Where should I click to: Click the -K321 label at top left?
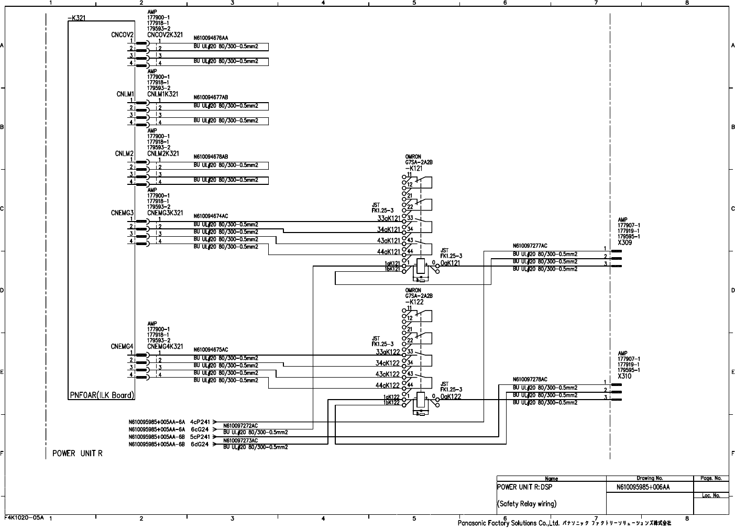pos(76,18)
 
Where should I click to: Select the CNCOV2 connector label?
pos(123,35)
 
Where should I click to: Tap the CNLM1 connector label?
pos(125,94)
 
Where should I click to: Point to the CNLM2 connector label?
pos(125,153)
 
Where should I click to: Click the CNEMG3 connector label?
pos(123,213)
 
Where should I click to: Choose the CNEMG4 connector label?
pos(123,347)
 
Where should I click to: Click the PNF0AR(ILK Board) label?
pos(102,395)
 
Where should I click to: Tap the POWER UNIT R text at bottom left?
pos(78,454)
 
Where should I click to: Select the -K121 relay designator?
pos(414,169)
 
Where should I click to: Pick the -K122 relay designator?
pos(414,302)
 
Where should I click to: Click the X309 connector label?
pos(624,243)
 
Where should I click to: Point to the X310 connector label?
pos(624,377)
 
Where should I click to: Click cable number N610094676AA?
pos(211,38)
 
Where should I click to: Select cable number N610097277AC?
pos(530,246)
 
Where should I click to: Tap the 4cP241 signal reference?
pos(200,422)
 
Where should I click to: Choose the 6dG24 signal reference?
pos(200,444)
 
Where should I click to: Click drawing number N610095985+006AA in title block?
pos(643,487)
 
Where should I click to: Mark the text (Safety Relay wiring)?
pos(526,504)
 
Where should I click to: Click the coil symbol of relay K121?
pos(421,266)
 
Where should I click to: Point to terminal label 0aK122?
pos(451,397)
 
